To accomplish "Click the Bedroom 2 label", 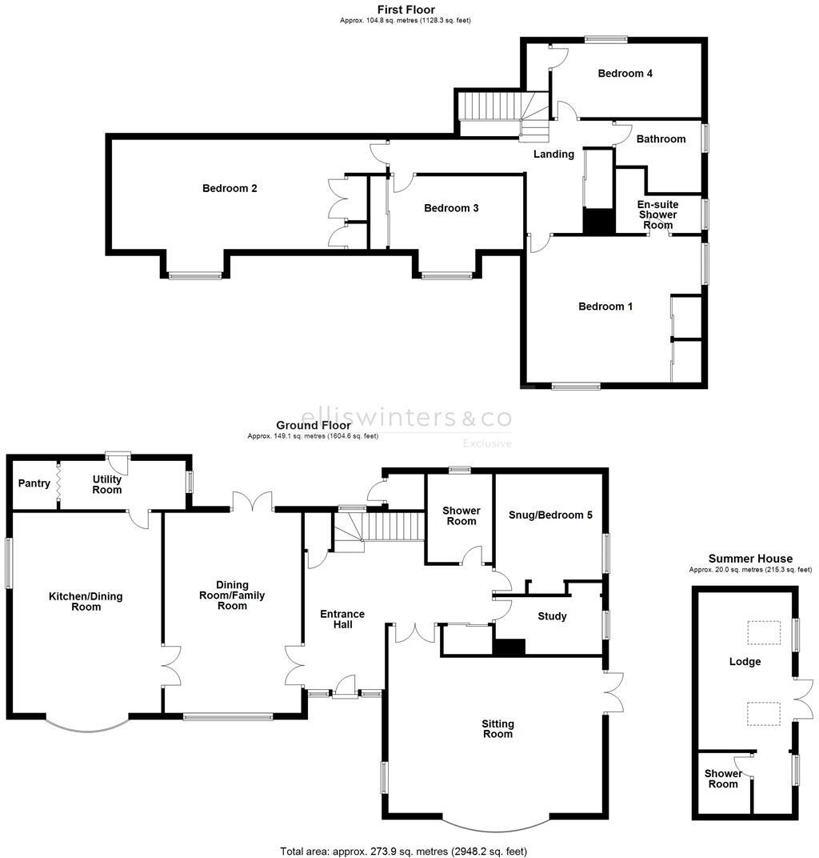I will (x=229, y=189).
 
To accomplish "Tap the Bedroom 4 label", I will (x=625, y=74).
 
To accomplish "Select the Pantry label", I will (x=34, y=483).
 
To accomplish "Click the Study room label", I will (x=552, y=616).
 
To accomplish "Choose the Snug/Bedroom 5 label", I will (x=550, y=515).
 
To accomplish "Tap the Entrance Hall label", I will (x=342, y=619).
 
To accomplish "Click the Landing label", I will (x=553, y=154).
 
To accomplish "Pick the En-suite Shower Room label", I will (x=657, y=214).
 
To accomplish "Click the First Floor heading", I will (x=406, y=10).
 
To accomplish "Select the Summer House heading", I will (x=750, y=559).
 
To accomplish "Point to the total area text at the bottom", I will (x=404, y=851).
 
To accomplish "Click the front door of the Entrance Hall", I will (x=346, y=687).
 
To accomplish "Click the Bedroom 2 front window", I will (x=194, y=276).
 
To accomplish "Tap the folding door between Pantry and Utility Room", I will (x=58, y=483).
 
